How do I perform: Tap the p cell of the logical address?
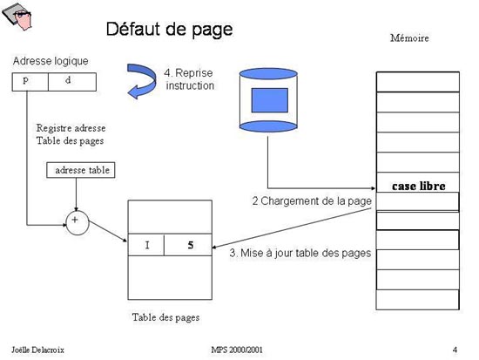[x=30, y=82]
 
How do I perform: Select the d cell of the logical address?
[x=72, y=82]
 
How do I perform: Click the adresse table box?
[x=81, y=170]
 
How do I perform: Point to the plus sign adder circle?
[x=78, y=222]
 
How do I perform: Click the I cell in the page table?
[x=146, y=245]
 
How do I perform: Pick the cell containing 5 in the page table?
[x=188, y=245]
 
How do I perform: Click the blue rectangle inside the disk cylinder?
[x=269, y=100]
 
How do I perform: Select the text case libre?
[x=419, y=186]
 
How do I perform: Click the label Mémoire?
[x=409, y=38]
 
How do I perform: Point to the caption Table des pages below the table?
[x=165, y=317]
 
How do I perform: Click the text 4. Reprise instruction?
[x=189, y=79]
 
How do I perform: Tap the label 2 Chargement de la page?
[x=312, y=201]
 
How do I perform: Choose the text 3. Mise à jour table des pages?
[x=300, y=253]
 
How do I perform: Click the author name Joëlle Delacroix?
[x=37, y=350]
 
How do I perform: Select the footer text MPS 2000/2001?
[x=237, y=350]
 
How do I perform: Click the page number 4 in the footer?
[x=455, y=350]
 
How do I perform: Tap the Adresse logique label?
[x=51, y=61]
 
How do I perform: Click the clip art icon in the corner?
[x=17, y=17]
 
